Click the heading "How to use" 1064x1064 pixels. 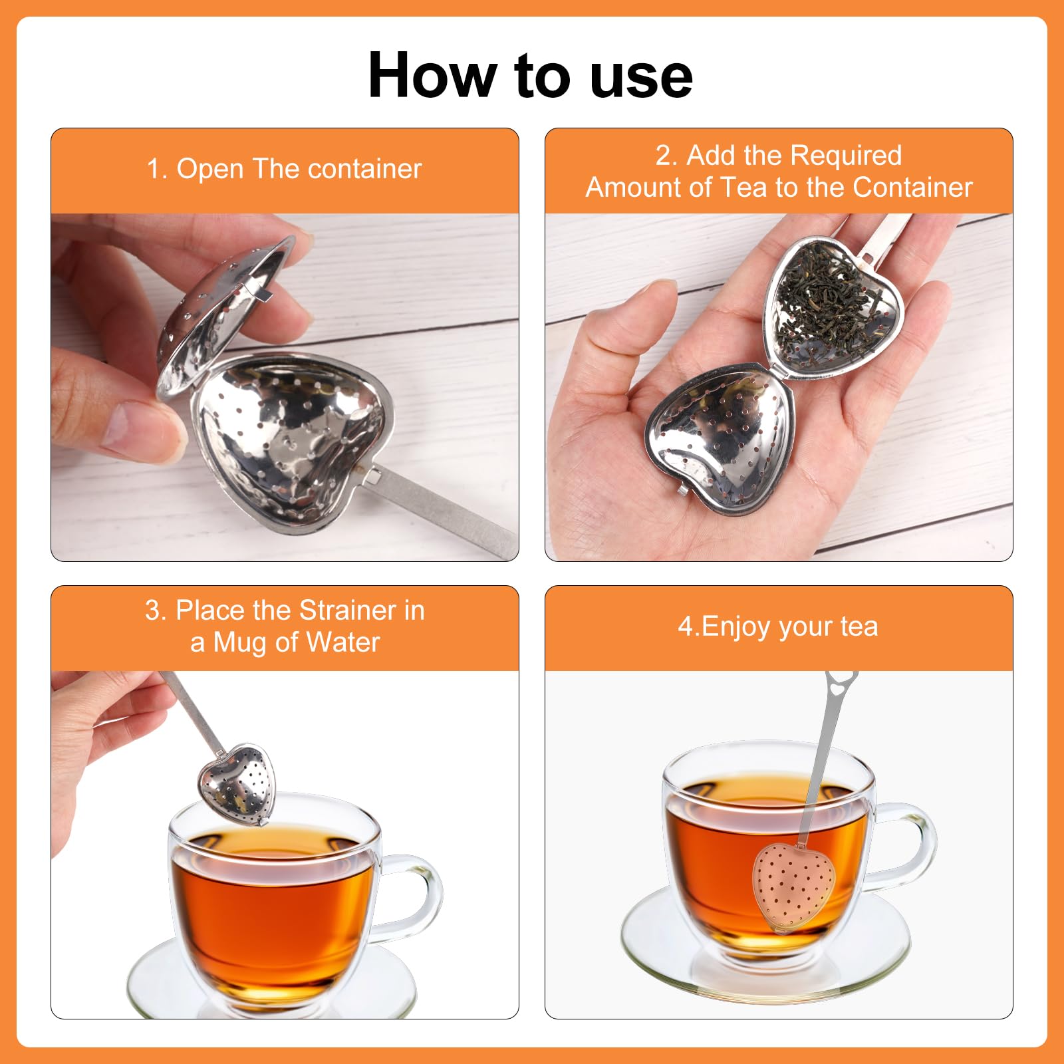tap(531, 75)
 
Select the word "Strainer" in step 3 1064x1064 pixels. tap(348, 610)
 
